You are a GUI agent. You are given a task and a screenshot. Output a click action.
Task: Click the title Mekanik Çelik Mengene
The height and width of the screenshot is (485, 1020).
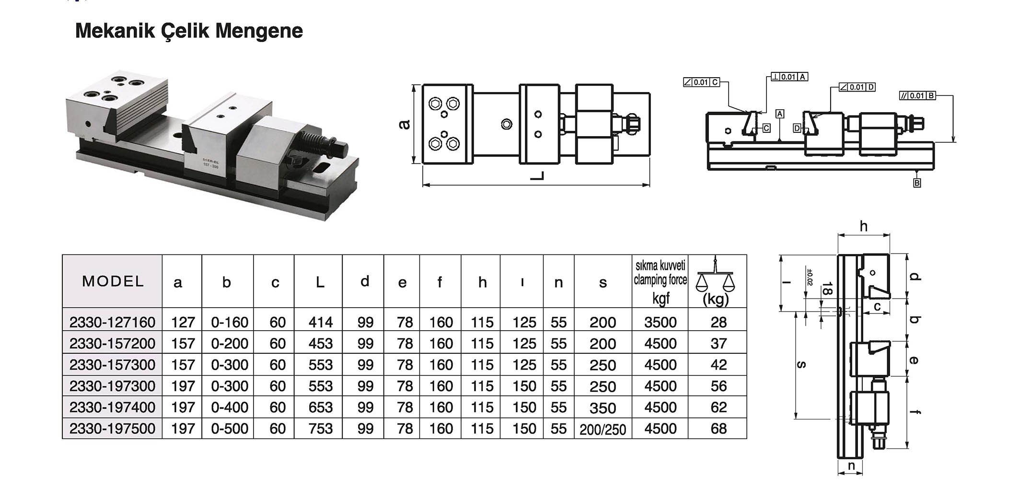(x=189, y=31)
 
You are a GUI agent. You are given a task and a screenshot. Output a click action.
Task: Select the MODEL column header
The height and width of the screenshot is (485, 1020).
(x=113, y=281)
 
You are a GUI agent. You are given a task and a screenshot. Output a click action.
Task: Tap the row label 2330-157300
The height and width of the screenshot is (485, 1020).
(x=113, y=365)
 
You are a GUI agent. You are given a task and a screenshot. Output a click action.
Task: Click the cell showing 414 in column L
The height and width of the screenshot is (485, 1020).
(x=320, y=322)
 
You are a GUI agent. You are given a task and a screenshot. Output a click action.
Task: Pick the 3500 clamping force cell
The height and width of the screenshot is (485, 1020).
(x=660, y=322)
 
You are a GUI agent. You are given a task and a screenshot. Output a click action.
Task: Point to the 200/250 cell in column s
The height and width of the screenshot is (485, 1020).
(x=603, y=429)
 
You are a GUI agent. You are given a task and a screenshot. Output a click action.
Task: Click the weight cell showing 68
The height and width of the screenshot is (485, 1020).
(x=719, y=428)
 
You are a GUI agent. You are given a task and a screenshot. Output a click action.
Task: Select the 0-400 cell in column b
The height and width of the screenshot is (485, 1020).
(x=230, y=407)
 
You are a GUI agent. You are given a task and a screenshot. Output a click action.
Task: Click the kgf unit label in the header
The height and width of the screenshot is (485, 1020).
(x=661, y=299)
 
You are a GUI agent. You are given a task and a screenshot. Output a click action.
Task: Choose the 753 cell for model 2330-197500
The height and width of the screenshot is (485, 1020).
(x=320, y=428)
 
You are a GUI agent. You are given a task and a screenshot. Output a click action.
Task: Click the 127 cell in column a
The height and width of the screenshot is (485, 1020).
(x=183, y=322)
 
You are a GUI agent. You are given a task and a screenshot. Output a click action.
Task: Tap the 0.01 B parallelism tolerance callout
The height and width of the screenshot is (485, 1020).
(x=917, y=95)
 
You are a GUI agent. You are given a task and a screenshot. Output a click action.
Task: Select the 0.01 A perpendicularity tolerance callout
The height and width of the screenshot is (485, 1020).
(x=789, y=77)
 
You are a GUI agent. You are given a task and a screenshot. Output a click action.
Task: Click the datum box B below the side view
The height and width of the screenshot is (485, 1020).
(x=917, y=183)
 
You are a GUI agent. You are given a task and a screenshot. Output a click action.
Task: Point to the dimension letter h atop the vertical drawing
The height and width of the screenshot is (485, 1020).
(x=864, y=226)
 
